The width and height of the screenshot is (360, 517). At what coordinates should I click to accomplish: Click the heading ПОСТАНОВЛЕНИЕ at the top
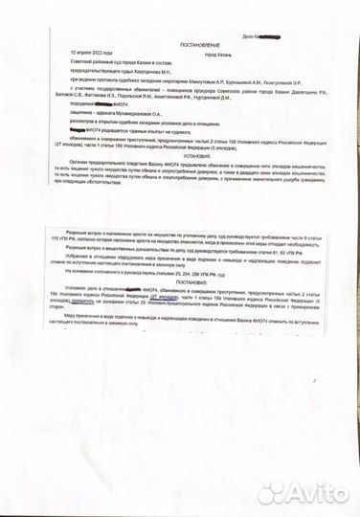[x=178, y=45]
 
